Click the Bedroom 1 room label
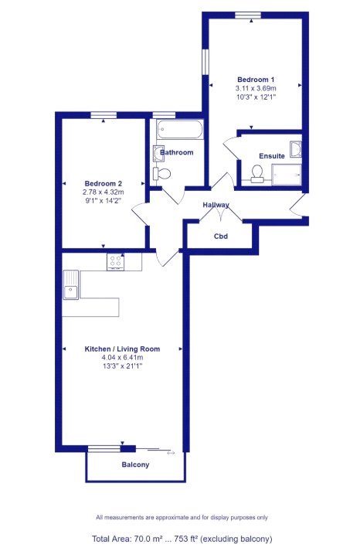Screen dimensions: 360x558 [256, 80]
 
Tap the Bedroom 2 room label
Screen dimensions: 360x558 [104, 184]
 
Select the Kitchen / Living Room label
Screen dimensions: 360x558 [122, 349]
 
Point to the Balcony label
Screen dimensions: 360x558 [135, 464]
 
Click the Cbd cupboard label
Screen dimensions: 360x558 [220, 236]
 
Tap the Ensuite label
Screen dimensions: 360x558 [272, 156]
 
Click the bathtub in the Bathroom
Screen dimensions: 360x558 [180, 129]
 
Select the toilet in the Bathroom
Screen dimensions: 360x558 [161, 174]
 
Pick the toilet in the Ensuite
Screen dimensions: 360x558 [256, 172]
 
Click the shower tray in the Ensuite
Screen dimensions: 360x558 [287, 175]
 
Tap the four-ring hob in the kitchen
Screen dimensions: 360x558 [115, 262]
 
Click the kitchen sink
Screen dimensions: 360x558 [71, 284]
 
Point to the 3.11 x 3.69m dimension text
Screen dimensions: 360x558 [256, 88]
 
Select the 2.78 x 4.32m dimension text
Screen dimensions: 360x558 [104, 192]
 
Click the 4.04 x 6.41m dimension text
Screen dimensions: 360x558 [122, 358]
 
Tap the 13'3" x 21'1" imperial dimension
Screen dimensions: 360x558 [122, 366]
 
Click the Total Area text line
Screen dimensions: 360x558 [182, 539]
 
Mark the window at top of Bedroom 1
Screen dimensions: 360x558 [248, 15]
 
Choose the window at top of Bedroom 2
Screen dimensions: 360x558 [104, 115]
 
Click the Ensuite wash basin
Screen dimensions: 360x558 [296, 149]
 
